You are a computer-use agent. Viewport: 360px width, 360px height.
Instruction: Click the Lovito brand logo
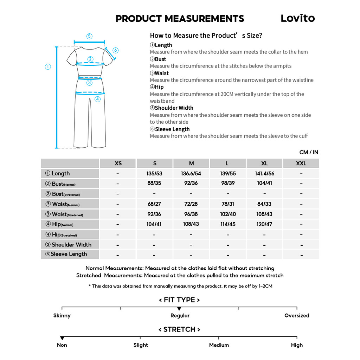[x=297, y=18]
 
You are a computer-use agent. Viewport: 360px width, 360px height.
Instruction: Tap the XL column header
[x=264, y=163]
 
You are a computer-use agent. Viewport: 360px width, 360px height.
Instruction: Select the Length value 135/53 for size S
[x=154, y=174]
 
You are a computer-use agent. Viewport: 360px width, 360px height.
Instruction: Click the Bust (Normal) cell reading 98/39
[x=228, y=183]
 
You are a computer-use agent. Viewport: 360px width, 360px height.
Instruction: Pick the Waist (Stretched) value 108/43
[x=264, y=214]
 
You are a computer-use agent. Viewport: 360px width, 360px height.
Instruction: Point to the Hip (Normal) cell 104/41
[x=154, y=224]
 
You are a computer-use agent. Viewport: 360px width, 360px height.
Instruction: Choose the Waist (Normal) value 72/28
[x=191, y=204]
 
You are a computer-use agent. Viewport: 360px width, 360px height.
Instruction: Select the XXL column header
[x=301, y=163]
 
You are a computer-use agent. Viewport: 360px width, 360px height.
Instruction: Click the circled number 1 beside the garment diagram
[x=48, y=67]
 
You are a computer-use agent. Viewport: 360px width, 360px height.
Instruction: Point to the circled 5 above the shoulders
[x=89, y=36]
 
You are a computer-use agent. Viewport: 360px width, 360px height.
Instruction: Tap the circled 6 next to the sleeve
[x=116, y=50]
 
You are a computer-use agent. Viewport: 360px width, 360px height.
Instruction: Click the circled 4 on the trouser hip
[x=97, y=99]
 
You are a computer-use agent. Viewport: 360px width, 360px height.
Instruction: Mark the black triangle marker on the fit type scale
[x=179, y=309]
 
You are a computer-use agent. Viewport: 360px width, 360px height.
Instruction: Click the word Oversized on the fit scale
[x=297, y=316]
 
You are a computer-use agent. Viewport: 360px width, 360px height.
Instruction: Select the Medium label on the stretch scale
[x=219, y=345]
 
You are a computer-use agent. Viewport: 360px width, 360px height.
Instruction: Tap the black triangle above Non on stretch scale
[x=62, y=338]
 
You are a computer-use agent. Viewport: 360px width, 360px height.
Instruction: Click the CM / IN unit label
[x=309, y=152]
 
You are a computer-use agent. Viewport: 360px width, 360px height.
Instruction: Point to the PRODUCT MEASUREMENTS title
[x=180, y=19]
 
